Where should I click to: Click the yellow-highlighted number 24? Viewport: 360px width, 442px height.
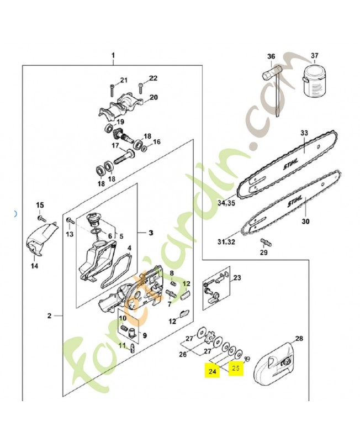pos(212,371)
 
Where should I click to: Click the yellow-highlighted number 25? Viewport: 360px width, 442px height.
pos(236,369)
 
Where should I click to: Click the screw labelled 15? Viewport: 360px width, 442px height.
pos(40,217)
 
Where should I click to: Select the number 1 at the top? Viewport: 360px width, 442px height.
pos(113,56)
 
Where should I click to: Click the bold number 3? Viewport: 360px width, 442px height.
pos(151,233)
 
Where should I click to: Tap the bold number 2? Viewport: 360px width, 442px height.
pos(49,316)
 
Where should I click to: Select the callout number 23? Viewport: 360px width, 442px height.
pos(238,278)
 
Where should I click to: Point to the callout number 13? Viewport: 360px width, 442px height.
pos(70,234)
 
